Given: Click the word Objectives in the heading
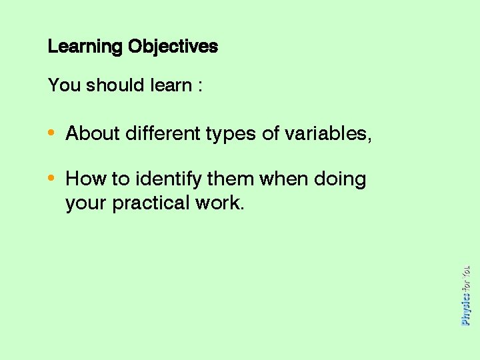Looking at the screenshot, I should point(173,47).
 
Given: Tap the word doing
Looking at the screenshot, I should point(340,180).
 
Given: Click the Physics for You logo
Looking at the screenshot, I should point(465,295).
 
